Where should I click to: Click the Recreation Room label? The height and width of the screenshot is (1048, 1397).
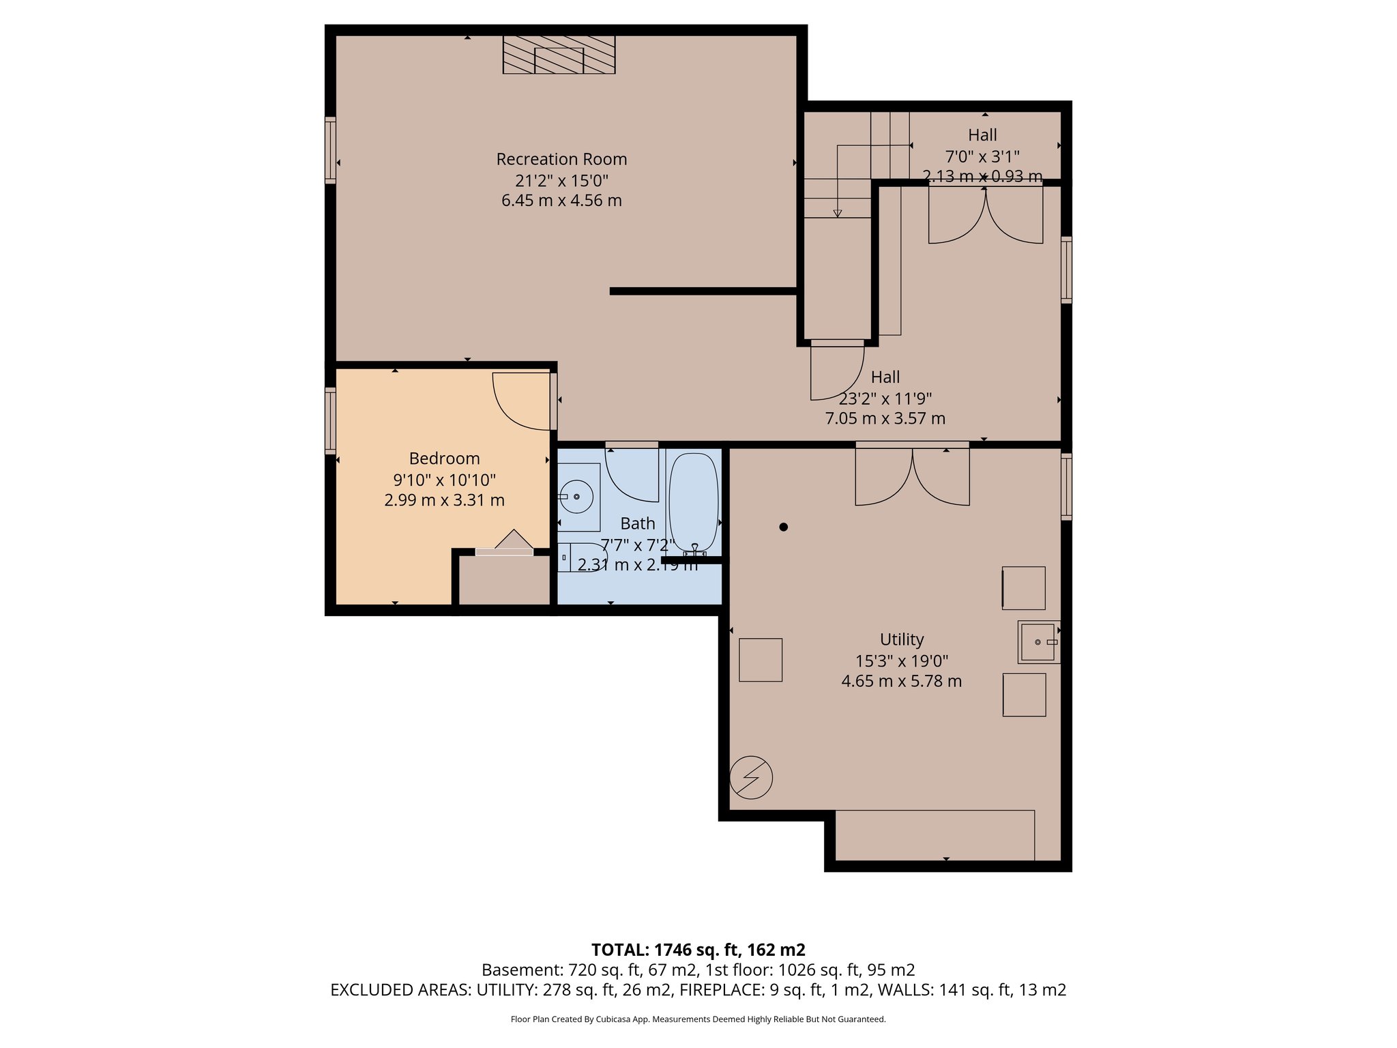pos(561,159)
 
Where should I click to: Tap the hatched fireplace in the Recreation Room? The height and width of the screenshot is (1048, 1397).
pos(559,55)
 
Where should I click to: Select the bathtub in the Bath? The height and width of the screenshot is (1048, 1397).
pos(694,502)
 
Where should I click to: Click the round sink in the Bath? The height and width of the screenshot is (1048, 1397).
pos(577,497)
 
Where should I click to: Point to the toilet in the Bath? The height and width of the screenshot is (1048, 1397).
pos(580,557)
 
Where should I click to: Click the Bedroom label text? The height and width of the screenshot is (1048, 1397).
pos(444,458)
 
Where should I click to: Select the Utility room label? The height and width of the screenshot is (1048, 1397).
pos(901,639)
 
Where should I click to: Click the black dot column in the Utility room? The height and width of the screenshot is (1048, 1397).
pos(783,527)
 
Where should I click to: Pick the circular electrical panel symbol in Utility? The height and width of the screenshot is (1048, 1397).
pos(751,777)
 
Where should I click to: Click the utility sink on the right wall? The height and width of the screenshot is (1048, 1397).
pos(1038,642)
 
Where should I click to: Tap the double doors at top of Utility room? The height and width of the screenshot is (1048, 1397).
pos(912,476)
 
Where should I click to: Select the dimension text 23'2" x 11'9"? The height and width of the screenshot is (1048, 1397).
pos(885,398)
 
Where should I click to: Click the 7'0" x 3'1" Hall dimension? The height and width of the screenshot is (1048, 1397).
pos(982,157)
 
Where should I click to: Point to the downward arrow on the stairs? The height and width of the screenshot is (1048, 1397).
pos(838,213)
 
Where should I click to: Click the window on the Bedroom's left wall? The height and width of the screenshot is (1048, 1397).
pos(330,420)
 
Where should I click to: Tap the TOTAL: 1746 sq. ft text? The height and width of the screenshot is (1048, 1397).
pos(697,950)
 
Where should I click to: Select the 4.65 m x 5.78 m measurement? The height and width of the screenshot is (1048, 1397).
pos(901,681)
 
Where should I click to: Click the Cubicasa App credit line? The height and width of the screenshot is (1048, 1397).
pos(697,1019)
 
